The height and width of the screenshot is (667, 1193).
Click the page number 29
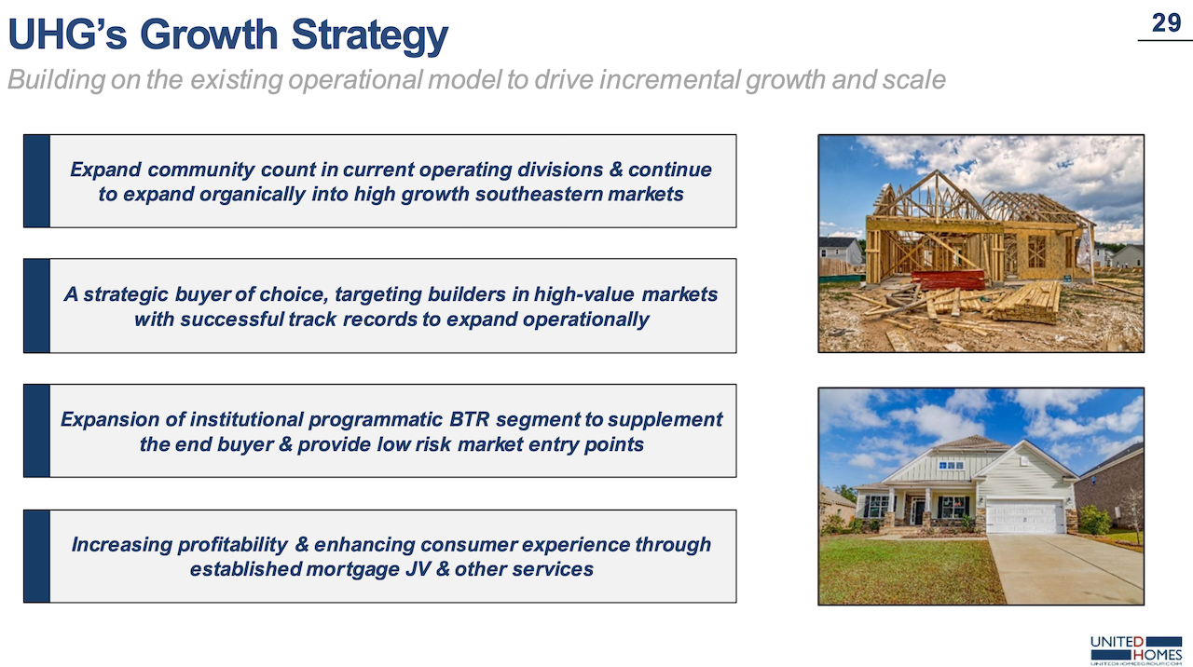tap(1166, 23)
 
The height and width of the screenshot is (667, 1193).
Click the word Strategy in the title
tap(370, 35)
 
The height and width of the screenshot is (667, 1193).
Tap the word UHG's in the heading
tap(68, 34)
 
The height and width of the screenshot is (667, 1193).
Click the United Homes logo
tap(1136, 650)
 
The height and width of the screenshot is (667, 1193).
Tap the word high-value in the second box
tap(584, 294)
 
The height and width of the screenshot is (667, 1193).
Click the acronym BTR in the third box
tap(469, 419)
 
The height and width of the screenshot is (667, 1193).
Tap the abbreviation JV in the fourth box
tap(418, 569)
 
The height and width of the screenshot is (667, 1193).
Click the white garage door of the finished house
tap(1024, 516)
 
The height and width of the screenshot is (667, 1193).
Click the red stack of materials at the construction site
tap(948, 280)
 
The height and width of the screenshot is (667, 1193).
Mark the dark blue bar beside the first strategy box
tap(36, 181)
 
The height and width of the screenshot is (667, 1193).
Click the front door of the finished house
tap(918, 511)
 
